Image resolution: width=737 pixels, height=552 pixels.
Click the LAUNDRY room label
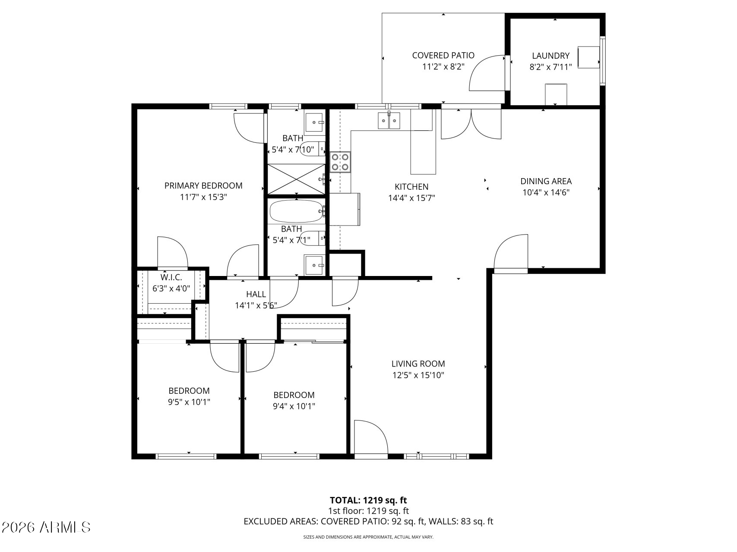550,56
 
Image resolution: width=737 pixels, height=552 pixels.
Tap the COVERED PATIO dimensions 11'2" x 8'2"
443,67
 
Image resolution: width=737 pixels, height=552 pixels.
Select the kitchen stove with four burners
340,162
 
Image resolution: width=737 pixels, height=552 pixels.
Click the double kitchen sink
389,120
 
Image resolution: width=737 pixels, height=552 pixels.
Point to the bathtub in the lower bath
296,211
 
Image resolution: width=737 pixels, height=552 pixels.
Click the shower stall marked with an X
296,179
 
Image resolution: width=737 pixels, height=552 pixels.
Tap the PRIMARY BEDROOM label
203,185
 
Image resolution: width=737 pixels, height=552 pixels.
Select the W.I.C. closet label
171,277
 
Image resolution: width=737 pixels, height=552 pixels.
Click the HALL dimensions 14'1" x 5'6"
256,305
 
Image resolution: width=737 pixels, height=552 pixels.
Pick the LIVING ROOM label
418,364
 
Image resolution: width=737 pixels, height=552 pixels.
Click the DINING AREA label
546,181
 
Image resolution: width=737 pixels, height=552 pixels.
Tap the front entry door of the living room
370,438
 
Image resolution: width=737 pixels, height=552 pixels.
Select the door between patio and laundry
488,73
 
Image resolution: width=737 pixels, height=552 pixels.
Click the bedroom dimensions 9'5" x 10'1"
189,402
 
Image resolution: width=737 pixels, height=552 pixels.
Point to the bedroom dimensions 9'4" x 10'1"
294,406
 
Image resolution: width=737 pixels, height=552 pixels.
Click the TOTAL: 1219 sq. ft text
368,500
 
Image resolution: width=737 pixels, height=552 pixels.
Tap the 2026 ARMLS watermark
46,527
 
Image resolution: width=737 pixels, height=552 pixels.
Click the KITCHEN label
411,187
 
